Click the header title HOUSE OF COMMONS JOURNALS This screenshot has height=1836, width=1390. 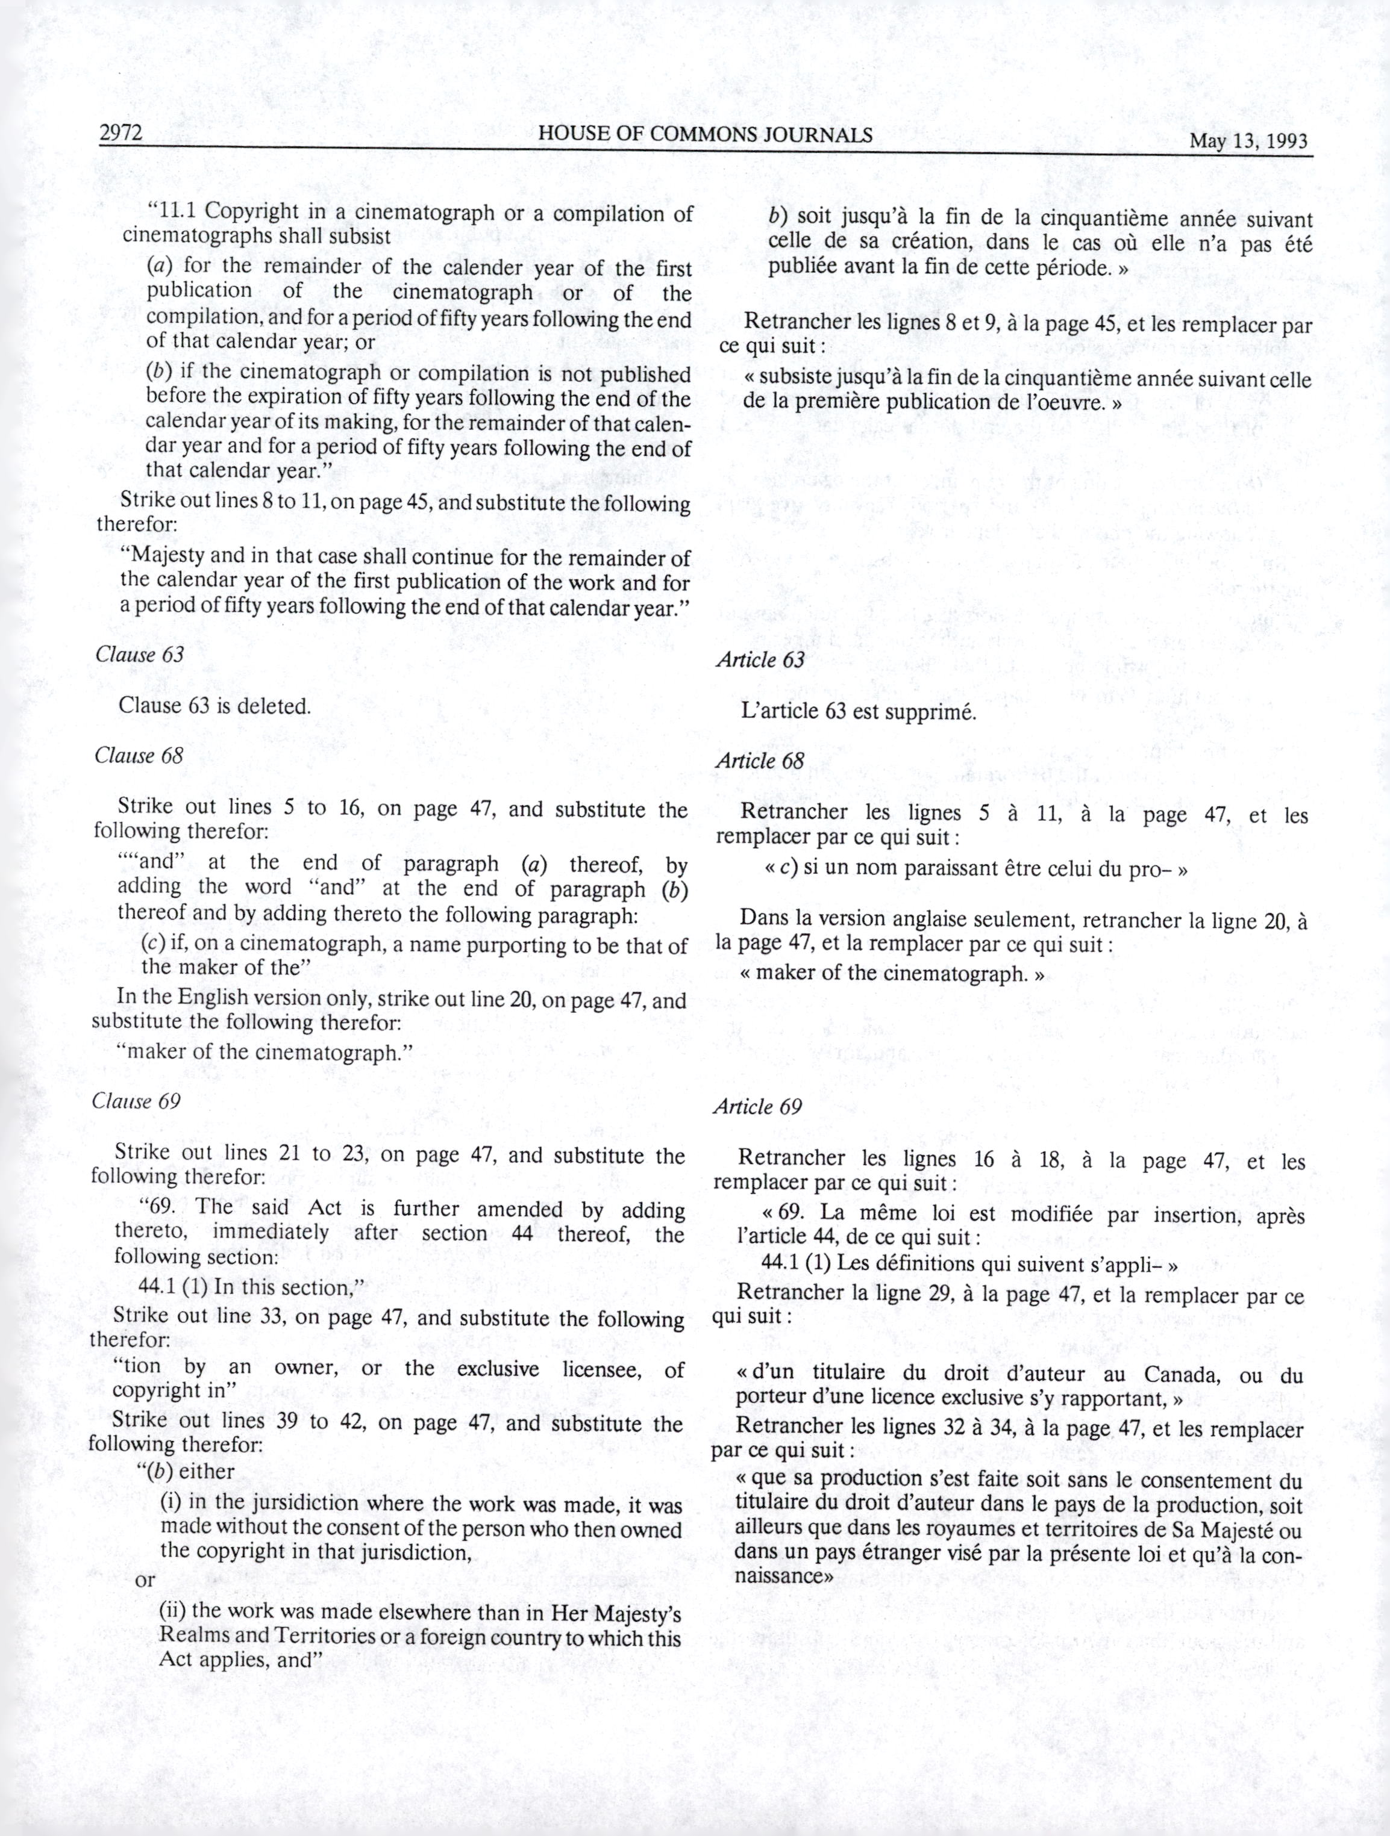(705, 134)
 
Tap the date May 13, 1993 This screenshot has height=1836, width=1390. (1248, 140)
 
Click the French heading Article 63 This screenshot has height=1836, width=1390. (760, 660)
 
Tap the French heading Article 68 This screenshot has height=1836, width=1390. (759, 761)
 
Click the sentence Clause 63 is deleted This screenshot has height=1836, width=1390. (215, 706)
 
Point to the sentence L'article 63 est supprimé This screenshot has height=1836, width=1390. (859, 712)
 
